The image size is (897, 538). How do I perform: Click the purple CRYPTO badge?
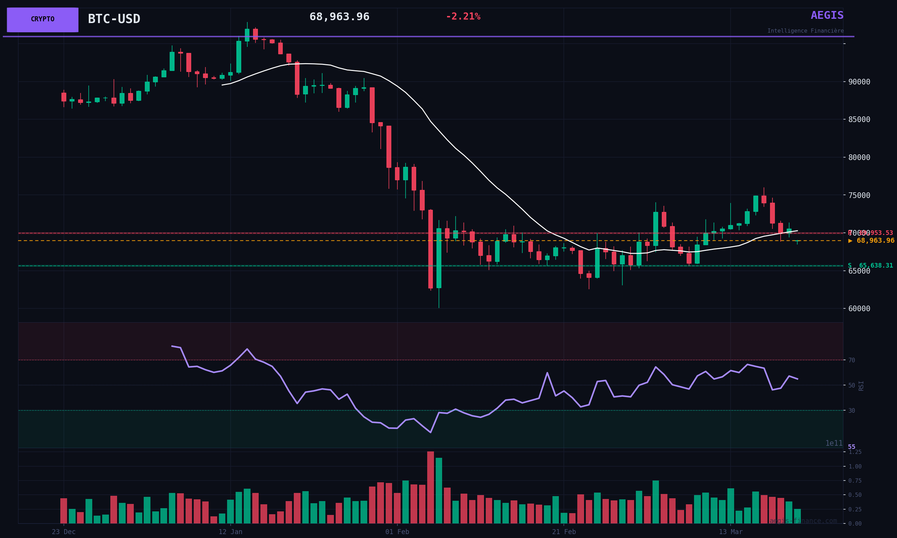tap(43, 20)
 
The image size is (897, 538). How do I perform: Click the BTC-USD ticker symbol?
tap(114, 19)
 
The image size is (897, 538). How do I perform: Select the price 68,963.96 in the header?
tap(339, 17)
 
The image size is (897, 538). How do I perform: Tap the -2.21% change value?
tap(463, 17)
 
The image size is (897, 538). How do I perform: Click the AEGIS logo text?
tap(827, 16)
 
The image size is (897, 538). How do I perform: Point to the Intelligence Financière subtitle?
tap(805, 31)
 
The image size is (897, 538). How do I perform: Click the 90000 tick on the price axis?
tap(859, 82)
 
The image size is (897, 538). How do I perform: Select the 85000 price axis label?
tap(859, 120)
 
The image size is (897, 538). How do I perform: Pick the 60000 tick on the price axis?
tap(859, 309)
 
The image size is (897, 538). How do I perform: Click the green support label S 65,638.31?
tap(870, 266)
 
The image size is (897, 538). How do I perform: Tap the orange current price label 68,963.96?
tap(872, 241)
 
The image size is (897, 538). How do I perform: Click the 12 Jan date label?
tap(230, 532)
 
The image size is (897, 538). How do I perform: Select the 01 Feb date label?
tap(397, 532)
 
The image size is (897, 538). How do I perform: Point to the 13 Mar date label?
tap(731, 532)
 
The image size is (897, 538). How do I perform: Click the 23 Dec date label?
tap(64, 532)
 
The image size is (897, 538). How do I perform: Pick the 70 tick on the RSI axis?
tap(852, 360)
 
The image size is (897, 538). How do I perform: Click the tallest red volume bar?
tap(430, 488)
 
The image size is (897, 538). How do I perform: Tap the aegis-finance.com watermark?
tap(803, 521)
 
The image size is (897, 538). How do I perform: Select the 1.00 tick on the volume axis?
tap(855, 467)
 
